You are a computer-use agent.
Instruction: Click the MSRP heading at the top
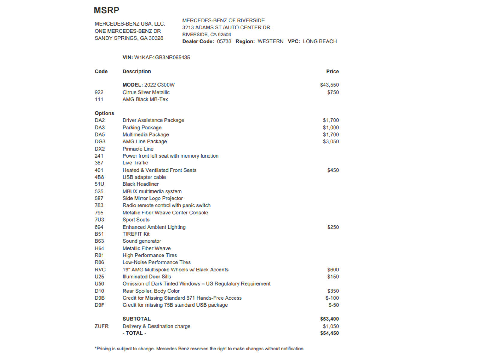106,10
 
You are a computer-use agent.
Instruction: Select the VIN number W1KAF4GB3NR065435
162,58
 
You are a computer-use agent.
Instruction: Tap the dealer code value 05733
224,41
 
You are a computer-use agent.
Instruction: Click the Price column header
332,71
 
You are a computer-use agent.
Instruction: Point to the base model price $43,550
329,85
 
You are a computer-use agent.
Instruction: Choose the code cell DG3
100,141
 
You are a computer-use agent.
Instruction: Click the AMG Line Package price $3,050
331,141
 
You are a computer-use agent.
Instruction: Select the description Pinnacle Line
138,149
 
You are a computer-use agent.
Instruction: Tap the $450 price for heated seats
333,170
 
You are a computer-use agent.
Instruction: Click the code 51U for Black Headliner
100,184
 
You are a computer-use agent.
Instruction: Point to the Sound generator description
142,241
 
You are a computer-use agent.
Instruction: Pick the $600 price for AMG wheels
333,270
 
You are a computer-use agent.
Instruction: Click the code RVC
100,270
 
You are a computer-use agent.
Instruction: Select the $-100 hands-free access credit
332,298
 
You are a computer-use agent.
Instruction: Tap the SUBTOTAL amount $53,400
329,319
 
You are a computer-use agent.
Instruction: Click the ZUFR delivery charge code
102,326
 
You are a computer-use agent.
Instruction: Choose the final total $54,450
329,333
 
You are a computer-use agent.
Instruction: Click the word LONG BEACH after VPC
319,41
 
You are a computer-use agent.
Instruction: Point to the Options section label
104,113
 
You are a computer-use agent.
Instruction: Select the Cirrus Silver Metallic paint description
146,92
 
